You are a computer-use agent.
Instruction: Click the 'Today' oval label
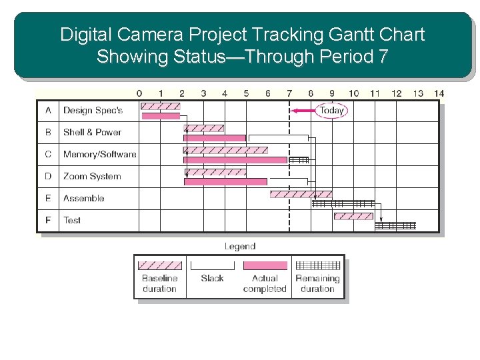tap(331, 111)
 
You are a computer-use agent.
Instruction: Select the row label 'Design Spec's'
tap(93, 111)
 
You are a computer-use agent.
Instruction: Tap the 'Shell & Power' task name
tap(92, 132)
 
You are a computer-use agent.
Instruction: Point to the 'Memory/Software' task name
tap(99, 154)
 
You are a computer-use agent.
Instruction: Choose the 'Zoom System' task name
tap(92, 176)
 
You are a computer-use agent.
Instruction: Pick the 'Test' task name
tap(72, 220)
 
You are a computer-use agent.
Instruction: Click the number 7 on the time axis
tap(289, 93)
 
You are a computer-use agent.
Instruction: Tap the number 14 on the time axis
tap(438, 93)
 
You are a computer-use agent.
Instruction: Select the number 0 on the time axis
tap(139, 93)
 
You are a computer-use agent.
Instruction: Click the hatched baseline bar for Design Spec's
tap(161, 106)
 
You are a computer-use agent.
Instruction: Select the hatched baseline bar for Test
tap(353, 216)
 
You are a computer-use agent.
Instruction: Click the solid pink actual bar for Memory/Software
tap(235, 160)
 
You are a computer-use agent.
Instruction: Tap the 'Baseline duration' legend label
tap(159, 283)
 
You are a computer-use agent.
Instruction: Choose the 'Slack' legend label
tap(212, 278)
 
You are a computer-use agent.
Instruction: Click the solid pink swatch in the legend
tap(265, 265)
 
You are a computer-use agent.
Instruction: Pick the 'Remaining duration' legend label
tap(317, 283)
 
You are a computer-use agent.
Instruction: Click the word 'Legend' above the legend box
tap(240, 246)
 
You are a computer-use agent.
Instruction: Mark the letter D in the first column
tap(48, 176)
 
